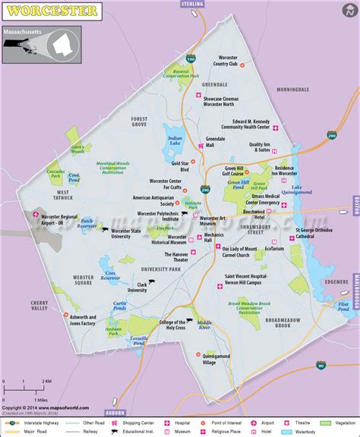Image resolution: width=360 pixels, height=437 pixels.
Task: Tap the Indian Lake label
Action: (175, 141)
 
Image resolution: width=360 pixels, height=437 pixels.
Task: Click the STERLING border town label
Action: (193, 4)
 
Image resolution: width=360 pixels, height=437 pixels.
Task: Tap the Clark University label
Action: (137, 287)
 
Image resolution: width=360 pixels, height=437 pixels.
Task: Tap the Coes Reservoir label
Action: (112, 276)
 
